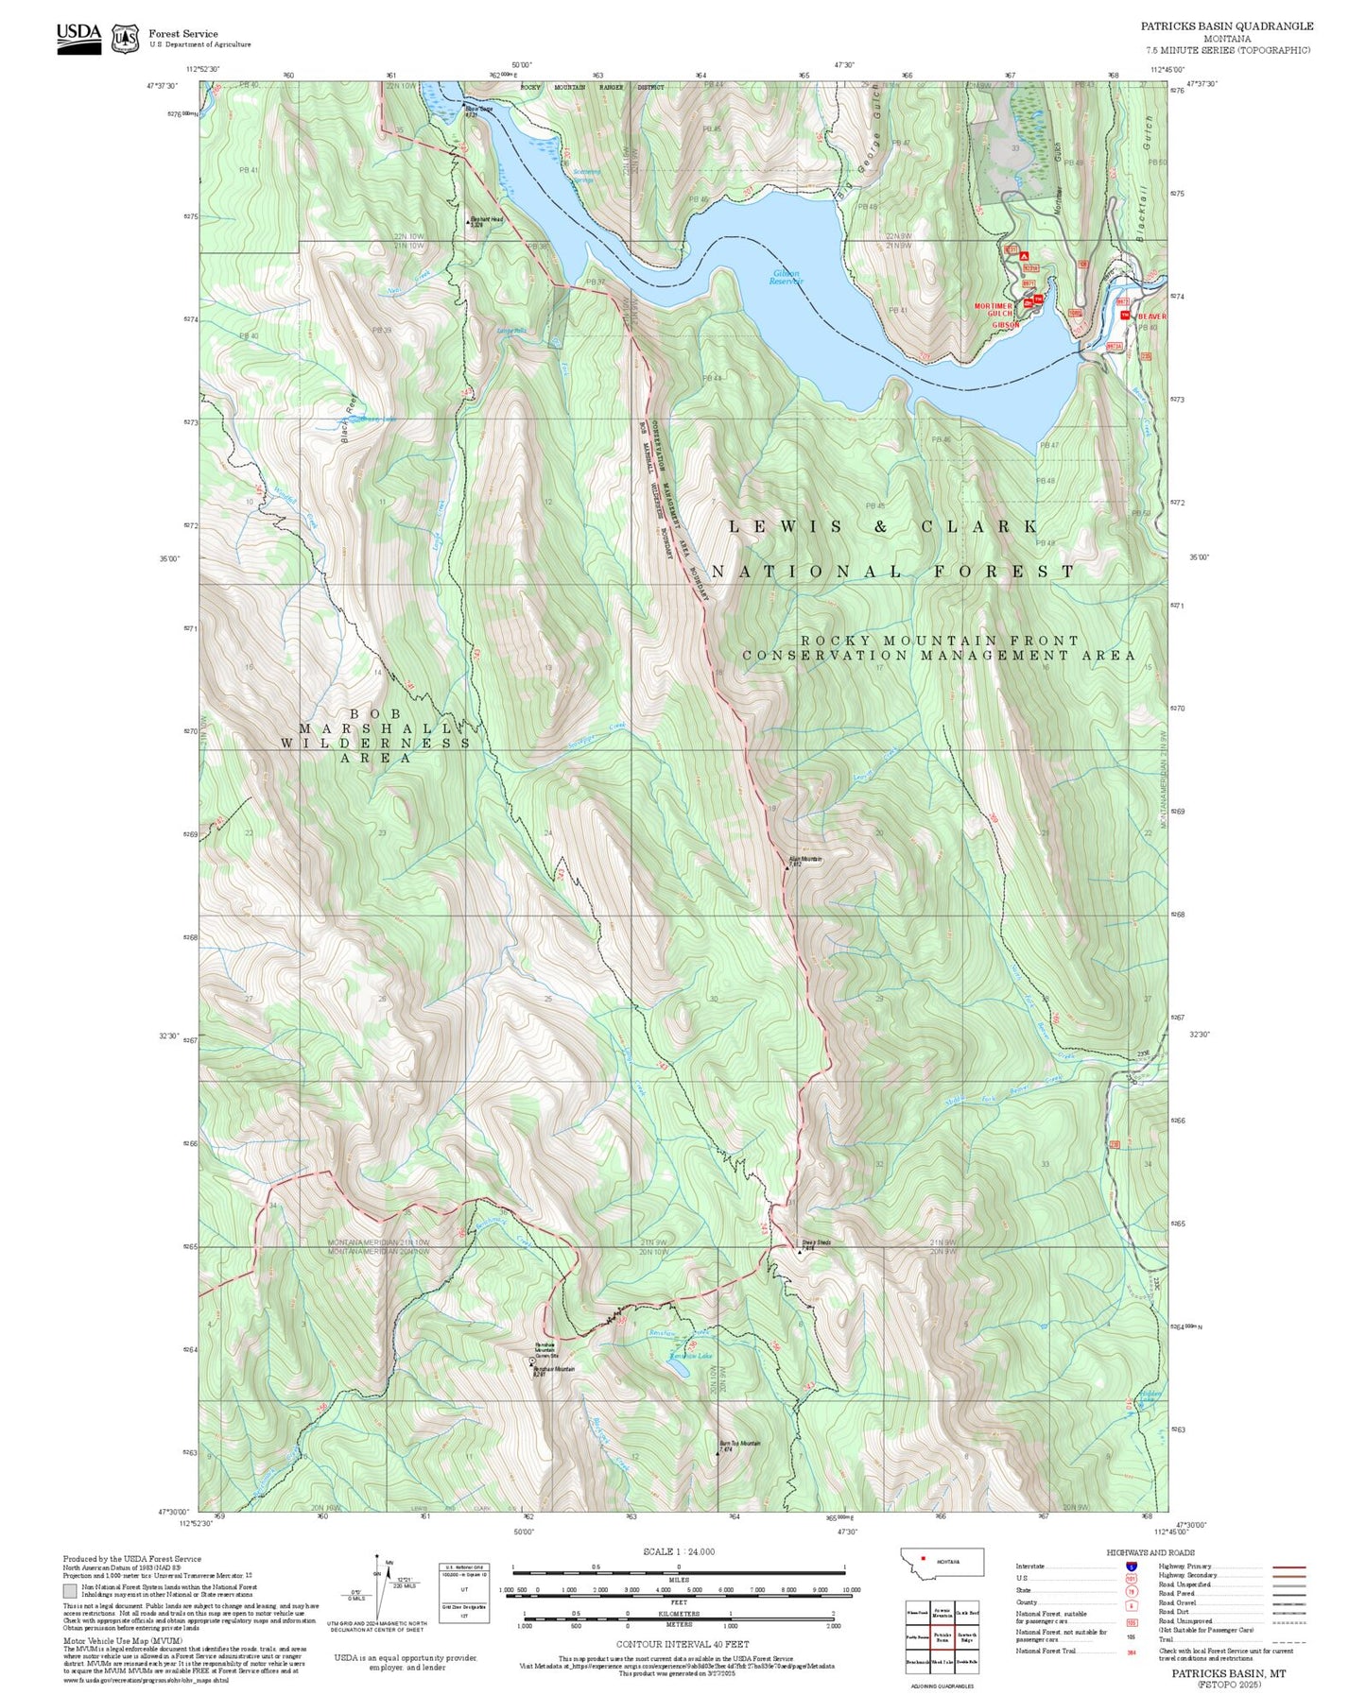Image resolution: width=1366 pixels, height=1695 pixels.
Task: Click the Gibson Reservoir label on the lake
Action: [786, 277]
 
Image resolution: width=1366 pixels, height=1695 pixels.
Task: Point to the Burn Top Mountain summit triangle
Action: [718, 1452]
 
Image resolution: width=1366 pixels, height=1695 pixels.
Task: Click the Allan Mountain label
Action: [804, 859]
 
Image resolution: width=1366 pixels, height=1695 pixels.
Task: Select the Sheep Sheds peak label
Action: [816, 1242]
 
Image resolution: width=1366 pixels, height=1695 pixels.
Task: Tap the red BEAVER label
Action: [1152, 317]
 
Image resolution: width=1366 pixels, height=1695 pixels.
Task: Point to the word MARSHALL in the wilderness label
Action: [375, 728]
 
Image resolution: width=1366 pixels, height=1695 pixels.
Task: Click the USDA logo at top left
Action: [78, 36]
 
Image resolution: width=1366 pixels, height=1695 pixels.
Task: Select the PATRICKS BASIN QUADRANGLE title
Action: [1226, 26]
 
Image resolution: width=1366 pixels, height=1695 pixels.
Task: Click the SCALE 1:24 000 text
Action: [679, 1551]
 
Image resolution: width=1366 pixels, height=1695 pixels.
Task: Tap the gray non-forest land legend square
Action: [70, 1591]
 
